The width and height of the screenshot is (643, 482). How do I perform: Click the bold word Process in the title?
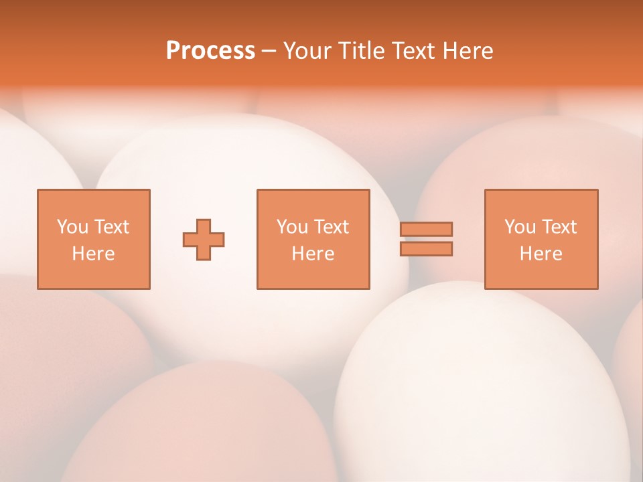[x=210, y=51]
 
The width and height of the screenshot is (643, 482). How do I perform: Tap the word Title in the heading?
[x=362, y=51]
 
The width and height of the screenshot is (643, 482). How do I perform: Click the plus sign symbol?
[x=204, y=239]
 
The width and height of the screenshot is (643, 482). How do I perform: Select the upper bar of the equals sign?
[x=426, y=229]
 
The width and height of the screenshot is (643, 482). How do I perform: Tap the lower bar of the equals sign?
[x=426, y=248]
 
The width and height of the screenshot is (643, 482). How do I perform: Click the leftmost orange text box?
[x=93, y=239]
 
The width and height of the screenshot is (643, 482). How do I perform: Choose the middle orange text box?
[x=313, y=239]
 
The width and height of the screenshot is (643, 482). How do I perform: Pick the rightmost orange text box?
[x=541, y=239]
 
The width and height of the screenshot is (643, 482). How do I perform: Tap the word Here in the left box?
[x=93, y=254]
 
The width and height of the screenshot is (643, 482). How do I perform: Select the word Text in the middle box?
[x=332, y=227]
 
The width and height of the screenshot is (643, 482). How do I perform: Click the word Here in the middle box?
[x=313, y=254]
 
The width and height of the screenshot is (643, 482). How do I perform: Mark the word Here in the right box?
[x=541, y=254]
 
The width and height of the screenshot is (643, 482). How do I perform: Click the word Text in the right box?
[x=559, y=227]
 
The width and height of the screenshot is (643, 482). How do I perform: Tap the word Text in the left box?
[x=112, y=227]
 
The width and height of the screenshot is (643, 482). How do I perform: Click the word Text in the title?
[x=413, y=51]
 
